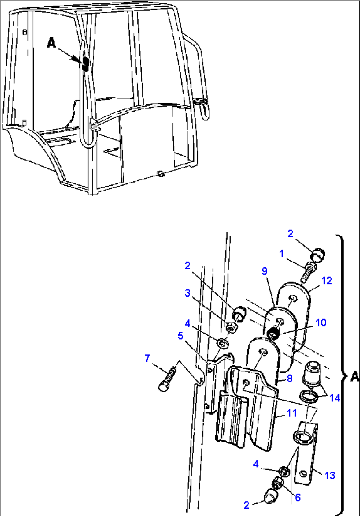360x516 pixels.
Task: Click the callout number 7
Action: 147,358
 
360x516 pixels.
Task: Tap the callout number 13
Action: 330,475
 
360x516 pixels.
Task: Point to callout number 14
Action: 335,398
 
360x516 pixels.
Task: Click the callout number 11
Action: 292,413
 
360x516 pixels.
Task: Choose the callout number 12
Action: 327,281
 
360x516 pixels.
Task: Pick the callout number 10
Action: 321,322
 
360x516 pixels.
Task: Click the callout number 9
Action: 265,271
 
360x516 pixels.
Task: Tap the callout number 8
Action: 289,378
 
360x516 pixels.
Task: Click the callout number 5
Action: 180,336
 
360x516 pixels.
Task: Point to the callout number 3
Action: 188,293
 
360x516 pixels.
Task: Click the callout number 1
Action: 281,254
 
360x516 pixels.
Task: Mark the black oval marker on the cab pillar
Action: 85,64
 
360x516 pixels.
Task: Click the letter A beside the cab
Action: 52,43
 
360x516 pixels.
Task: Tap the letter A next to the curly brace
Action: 354,376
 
